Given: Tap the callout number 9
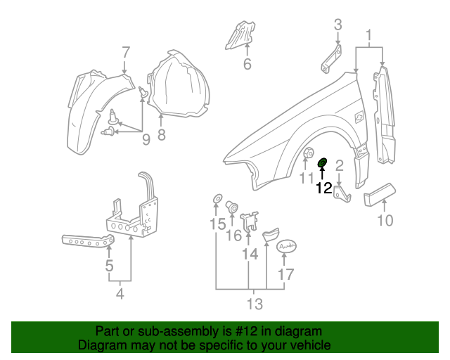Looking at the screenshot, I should coord(146,139).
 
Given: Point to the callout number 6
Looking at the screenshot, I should coord(247,65).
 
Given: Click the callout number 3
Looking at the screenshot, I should coord(337,25).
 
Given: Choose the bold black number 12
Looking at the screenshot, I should coord(323,188).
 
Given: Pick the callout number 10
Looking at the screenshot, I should coord(385,221).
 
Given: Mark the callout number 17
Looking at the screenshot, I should coord(285,274).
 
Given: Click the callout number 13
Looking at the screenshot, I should coord(254,304).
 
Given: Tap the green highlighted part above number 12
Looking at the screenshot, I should coord(323,164).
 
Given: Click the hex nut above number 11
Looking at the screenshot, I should coord(308,153).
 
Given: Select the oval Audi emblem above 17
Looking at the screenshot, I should coord(285,246).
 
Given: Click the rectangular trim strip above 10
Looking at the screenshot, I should coord(380,193).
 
